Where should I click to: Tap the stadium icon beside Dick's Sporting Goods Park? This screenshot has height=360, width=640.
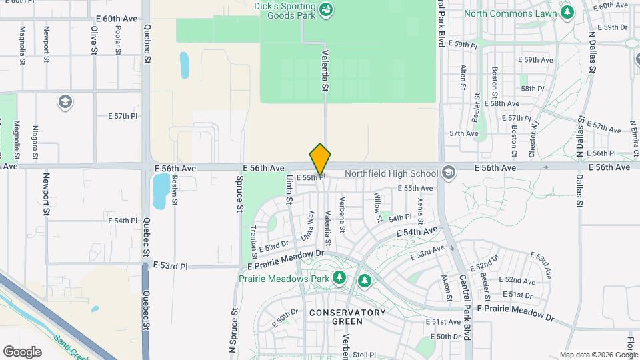[x=326, y=9]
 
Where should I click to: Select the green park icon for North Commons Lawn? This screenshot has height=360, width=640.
[x=567, y=12]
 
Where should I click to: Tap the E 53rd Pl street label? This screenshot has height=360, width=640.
[x=171, y=265]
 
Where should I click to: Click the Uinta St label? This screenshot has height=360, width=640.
[x=289, y=190]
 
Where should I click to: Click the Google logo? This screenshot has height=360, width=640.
[x=22, y=352]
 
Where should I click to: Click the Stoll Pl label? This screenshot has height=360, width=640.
[x=365, y=355]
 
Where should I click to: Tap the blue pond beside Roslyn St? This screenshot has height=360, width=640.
[x=160, y=191]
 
